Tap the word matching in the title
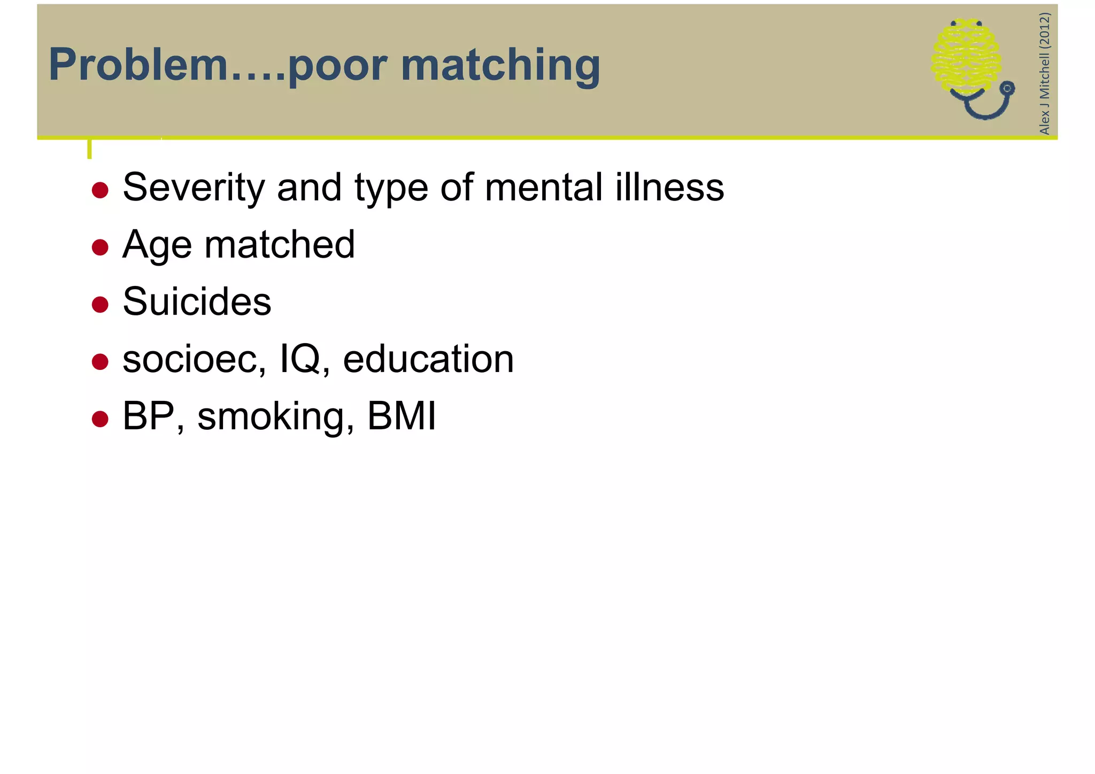coord(500,66)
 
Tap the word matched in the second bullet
coord(280,244)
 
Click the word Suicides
coord(197,301)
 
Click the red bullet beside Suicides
coord(100,305)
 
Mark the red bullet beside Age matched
coord(100,247)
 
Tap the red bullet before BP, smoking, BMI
coord(100,419)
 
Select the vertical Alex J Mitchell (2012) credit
coord(1044,74)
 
